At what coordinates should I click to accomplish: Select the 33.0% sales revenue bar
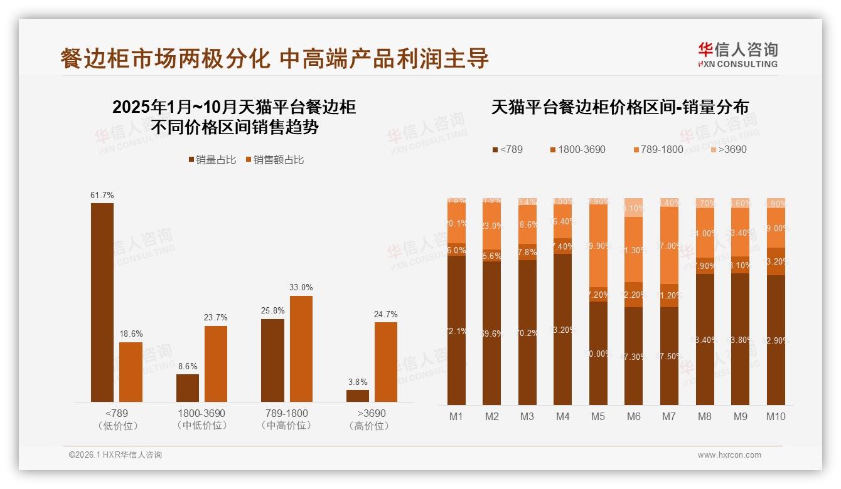tap(301, 349)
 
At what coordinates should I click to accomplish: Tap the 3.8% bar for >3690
tap(358, 396)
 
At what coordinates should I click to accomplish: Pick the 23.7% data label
tap(216, 317)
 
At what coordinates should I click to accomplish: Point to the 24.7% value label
tap(386, 314)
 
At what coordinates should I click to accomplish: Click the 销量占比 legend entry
tap(212, 160)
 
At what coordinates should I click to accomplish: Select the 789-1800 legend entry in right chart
tap(657, 150)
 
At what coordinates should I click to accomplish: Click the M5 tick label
tap(598, 416)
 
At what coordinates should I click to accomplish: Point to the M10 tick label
tap(776, 416)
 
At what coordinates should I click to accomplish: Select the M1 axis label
tap(456, 416)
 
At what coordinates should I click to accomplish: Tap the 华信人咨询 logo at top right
tap(737, 55)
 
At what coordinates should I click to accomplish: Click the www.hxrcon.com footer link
tap(729, 455)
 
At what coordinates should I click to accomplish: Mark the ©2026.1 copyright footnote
tap(115, 455)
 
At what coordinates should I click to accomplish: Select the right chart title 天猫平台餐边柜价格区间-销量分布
tap(619, 107)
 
